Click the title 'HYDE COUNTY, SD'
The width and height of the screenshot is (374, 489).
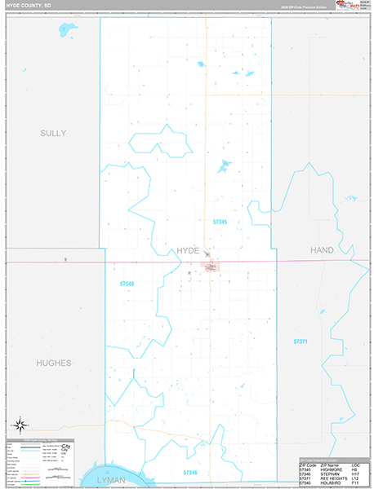click(x=28, y=6)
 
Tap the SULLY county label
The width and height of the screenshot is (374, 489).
click(x=53, y=132)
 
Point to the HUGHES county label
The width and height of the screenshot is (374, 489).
click(x=54, y=362)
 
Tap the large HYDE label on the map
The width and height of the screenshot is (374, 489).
click(x=188, y=250)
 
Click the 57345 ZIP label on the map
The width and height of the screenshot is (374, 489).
click(x=219, y=222)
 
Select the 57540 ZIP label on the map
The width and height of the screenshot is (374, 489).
click(x=127, y=284)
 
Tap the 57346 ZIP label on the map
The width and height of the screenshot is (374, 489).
click(x=190, y=473)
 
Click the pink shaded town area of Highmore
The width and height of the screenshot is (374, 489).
click(x=211, y=267)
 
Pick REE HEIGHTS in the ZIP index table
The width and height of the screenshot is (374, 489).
click(x=333, y=478)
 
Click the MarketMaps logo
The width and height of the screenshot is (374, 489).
click(x=356, y=6)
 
